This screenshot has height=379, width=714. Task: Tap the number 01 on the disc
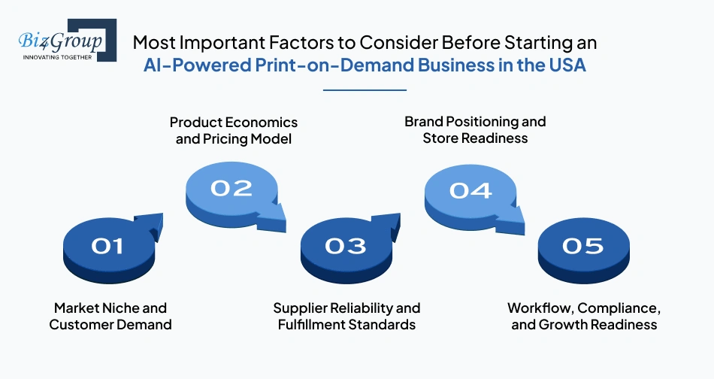(107, 245)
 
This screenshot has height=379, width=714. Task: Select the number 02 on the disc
(231, 187)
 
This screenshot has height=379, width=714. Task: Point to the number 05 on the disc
(583, 245)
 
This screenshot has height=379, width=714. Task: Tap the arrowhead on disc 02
(275, 220)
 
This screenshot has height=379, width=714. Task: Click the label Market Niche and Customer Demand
(110, 317)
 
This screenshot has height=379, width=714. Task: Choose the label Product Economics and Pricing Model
(233, 130)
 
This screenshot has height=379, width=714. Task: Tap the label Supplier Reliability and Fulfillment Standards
(346, 317)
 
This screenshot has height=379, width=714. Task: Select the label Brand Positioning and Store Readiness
(475, 129)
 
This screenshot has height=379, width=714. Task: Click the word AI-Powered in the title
(185, 65)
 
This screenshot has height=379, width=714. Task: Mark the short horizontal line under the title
(365, 89)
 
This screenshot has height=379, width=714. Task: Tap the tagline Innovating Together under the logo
(59, 56)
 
